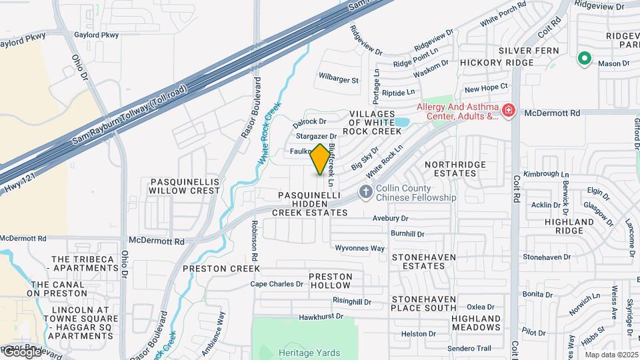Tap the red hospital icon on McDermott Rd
(509, 109)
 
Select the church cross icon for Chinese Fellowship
(365, 192)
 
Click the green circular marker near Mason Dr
(585, 59)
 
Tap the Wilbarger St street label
(339, 80)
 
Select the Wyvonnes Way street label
(359, 248)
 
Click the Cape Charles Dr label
(277, 284)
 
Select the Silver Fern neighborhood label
(523, 51)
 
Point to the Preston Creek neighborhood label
(221, 269)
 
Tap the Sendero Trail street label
(469, 348)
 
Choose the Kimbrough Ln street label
(541, 174)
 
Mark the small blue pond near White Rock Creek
(402, 123)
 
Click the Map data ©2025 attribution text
(611, 355)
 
